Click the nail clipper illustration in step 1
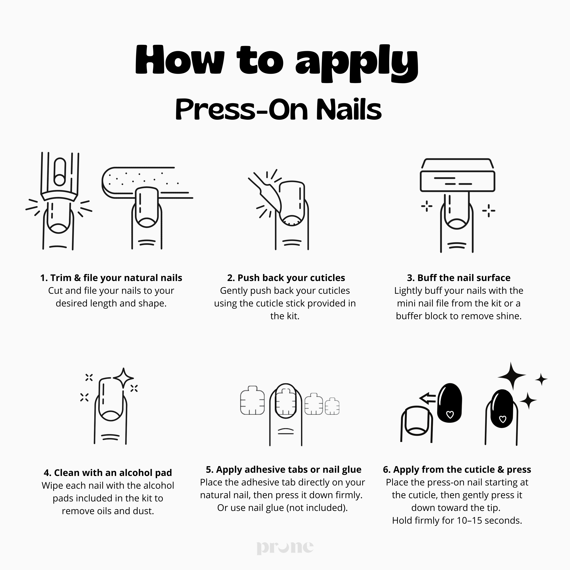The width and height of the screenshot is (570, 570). (x=60, y=177)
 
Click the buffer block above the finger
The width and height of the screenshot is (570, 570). (x=457, y=180)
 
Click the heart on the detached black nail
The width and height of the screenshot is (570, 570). (x=450, y=415)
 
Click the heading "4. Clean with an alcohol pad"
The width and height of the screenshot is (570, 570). (x=108, y=473)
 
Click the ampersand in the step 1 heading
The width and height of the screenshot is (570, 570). (x=77, y=278)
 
